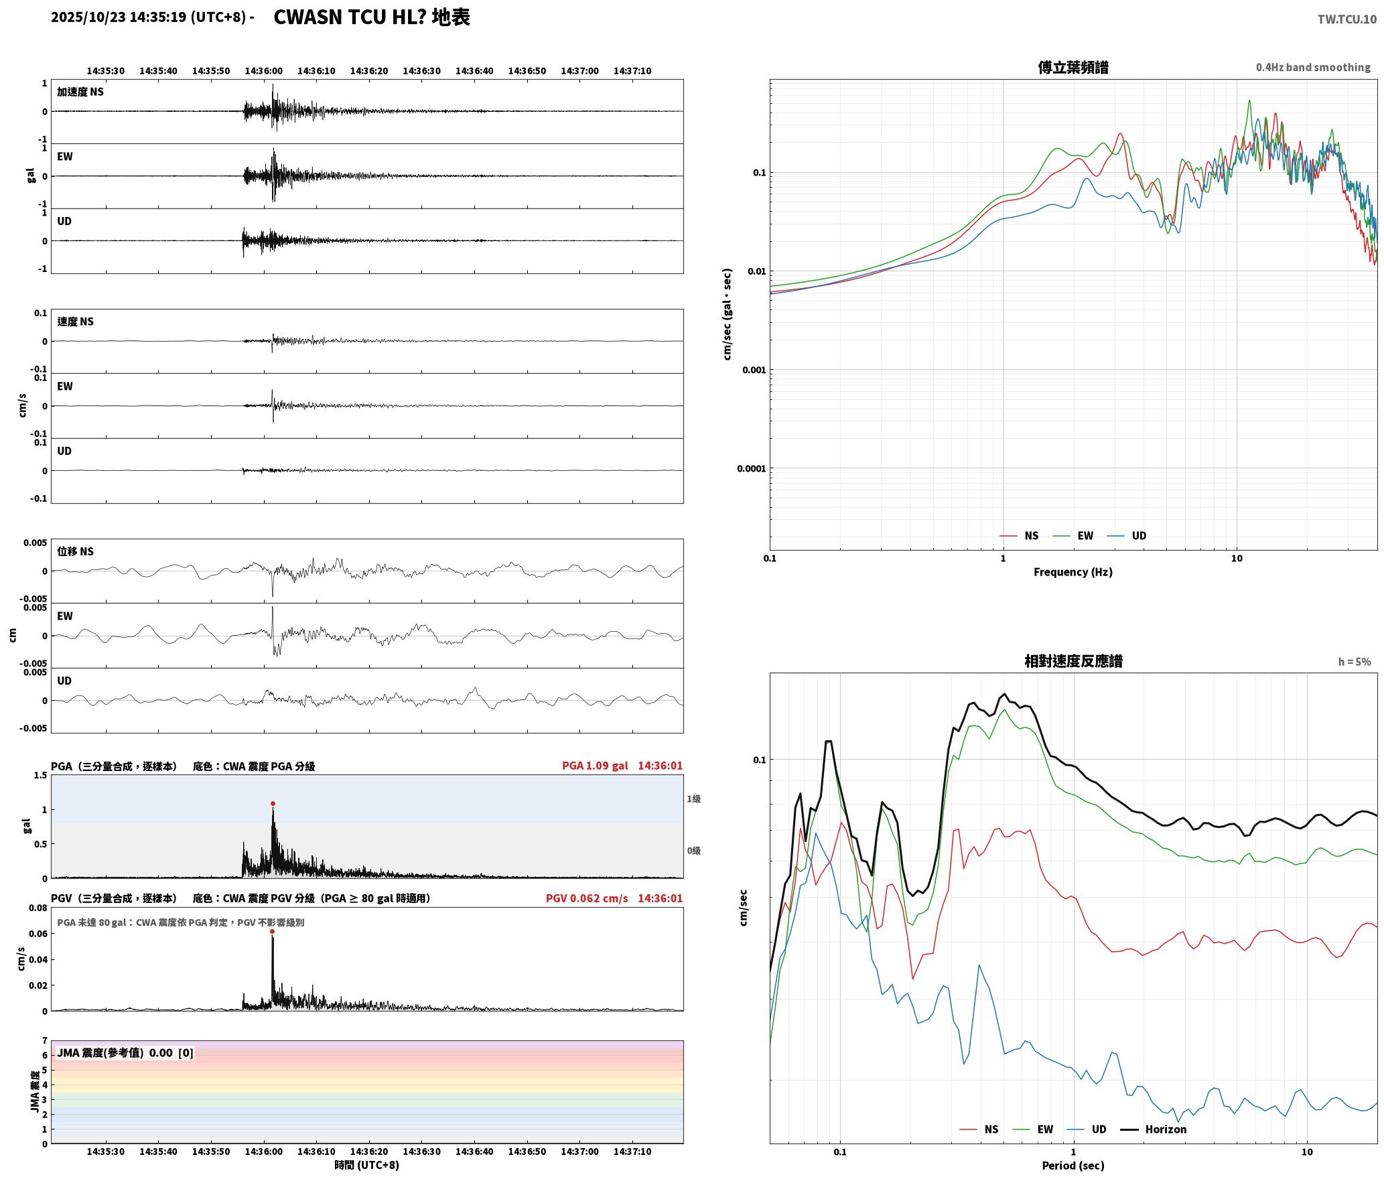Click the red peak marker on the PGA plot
click(x=273, y=803)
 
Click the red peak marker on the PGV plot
click(x=272, y=931)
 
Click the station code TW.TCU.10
click(x=1346, y=19)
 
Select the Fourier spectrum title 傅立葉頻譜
click(x=1072, y=67)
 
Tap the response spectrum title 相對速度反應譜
click(x=1073, y=661)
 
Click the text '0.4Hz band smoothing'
click(x=1313, y=67)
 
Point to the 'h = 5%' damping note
click(x=1355, y=662)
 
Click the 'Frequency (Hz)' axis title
click(x=1072, y=572)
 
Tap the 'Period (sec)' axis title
click(x=1072, y=1166)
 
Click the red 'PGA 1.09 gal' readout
click(x=595, y=766)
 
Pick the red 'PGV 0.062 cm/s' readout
click(x=587, y=898)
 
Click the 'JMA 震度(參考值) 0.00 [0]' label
click(x=125, y=1053)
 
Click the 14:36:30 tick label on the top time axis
click(x=421, y=71)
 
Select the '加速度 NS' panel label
click(x=80, y=92)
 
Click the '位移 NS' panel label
click(x=75, y=551)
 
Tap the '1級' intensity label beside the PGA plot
click(x=693, y=799)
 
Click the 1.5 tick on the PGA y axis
click(x=40, y=775)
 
